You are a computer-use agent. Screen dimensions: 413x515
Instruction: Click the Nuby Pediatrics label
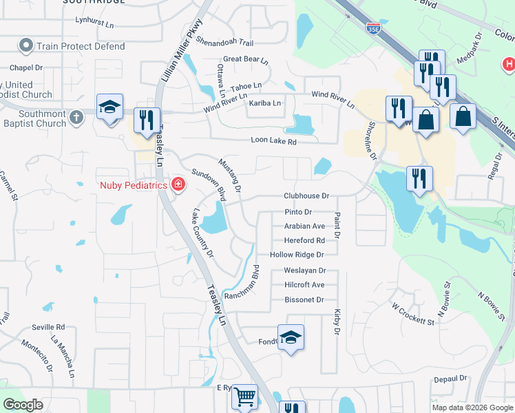[133, 184]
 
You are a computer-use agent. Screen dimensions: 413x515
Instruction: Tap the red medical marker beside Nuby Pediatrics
[178, 184]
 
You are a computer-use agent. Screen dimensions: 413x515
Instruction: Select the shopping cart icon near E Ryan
[244, 396]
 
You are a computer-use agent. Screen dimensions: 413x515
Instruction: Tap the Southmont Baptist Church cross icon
[76, 116]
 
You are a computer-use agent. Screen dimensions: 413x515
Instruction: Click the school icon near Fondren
[291, 337]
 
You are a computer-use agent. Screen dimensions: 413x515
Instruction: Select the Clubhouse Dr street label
[307, 195]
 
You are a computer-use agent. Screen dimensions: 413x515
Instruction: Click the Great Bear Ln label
[245, 59]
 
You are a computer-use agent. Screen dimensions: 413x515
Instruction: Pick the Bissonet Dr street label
[304, 300]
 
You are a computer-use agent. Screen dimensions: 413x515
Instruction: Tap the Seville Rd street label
[48, 327]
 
